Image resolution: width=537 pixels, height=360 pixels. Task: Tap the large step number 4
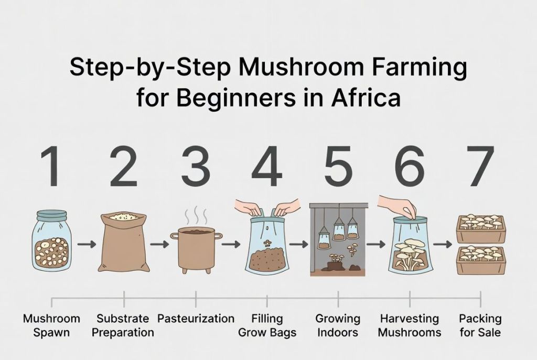point(267,166)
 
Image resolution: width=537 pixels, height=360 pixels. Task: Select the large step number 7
point(480,166)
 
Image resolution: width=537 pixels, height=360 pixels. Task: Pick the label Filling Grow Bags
point(267,325)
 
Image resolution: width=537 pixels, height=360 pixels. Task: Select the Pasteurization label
point(196,319)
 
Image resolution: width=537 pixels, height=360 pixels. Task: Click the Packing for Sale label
point(480,325)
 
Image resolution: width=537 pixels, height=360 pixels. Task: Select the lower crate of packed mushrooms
point(481,259)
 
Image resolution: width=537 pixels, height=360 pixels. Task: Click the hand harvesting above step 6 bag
point(398,205)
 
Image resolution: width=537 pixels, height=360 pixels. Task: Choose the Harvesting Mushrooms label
point(410,325)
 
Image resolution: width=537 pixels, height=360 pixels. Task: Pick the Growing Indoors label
point(338,325)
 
